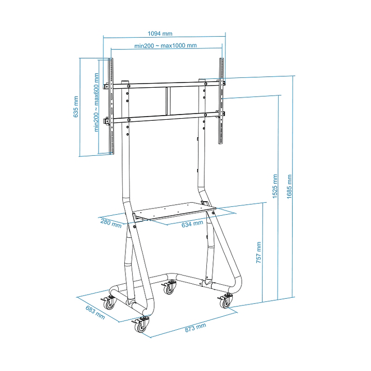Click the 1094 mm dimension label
[160, 34]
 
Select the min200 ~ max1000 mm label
[166, 45]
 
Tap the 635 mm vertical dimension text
[76, 107]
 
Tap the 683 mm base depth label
[95, 313]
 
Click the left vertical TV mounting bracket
[110, 106]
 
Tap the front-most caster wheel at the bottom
[141, 326]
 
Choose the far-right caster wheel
[226, 302]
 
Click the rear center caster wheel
[169, 289]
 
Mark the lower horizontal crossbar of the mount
[165, 118]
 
